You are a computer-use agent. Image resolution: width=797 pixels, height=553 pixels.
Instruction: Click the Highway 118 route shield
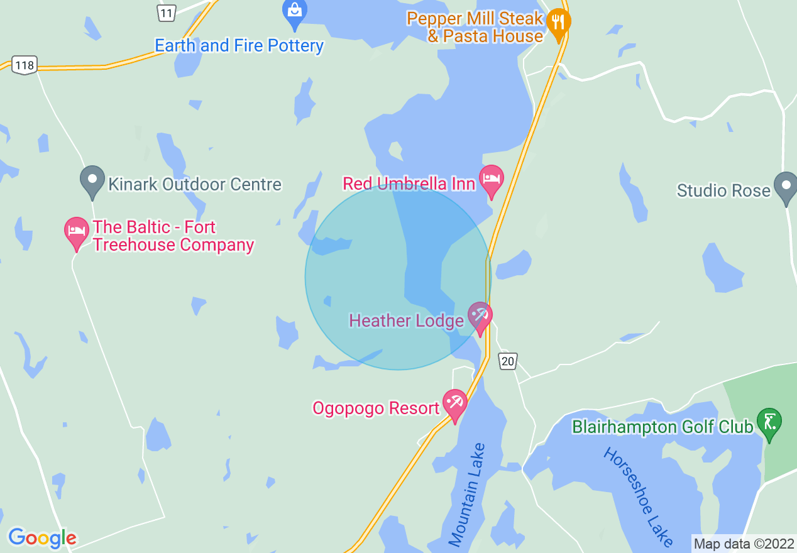(x=25, y=65)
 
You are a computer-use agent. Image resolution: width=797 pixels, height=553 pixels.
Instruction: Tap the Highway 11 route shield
(x=166, y=12)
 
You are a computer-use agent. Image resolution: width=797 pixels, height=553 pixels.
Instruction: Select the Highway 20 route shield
(x=508, y=361)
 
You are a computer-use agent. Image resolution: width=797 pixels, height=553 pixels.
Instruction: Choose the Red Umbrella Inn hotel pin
(x=492, y=179)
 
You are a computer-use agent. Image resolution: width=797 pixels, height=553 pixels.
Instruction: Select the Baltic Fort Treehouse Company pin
(x=77, y=232)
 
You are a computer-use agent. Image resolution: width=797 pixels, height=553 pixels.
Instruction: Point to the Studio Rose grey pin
(x=786, y=186)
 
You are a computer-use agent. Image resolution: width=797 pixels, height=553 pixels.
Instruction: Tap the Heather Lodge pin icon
(x=480, y=316)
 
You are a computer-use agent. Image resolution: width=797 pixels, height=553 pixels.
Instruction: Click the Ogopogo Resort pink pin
(x=454, y=403)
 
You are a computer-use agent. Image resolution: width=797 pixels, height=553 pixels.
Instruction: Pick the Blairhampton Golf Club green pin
(x=769, y=422)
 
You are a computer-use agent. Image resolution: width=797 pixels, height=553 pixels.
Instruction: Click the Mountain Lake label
(x=468, y=495)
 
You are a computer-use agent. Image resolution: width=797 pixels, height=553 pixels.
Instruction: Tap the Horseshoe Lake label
(x=639, y=496)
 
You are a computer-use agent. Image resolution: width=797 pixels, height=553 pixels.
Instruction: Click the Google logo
(x=42, y=538)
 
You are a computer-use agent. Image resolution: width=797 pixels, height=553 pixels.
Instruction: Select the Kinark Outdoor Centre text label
(x=195, y=185)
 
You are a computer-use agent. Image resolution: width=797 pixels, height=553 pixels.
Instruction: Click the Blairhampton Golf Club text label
(x=662, y=427)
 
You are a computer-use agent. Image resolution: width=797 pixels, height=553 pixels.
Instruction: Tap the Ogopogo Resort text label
(x=376, y=408)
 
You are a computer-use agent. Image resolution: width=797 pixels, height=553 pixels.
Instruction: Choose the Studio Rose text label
(x=723, y=190)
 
